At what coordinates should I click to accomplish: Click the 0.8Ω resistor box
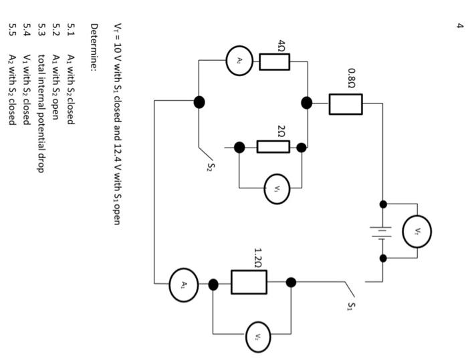point(346,104)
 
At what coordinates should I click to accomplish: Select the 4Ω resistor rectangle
point(274,62)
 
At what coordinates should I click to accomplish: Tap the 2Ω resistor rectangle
point(273,147)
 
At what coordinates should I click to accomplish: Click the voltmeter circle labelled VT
point(417,231)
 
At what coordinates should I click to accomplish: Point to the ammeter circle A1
point(184,284)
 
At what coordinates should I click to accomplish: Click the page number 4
point(460,25)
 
